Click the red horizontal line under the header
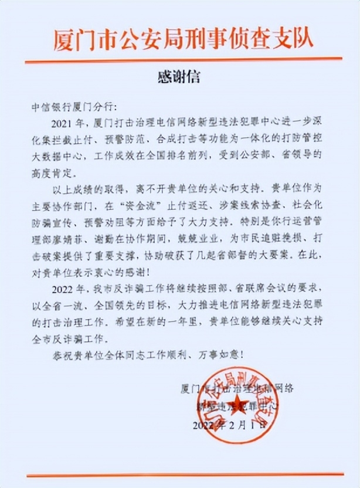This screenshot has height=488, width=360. coord(179,58)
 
